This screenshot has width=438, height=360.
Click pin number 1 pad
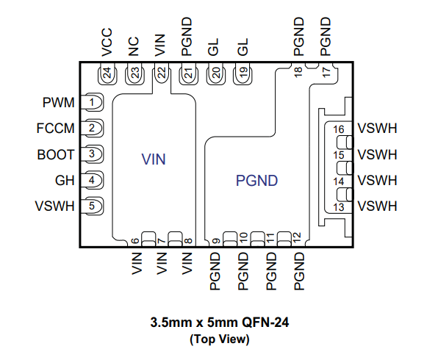tap(92, 103)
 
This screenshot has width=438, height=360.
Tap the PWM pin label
tap(58, 103)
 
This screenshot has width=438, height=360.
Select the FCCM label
tap(55, 129)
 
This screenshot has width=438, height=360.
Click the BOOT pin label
tap(56, 154)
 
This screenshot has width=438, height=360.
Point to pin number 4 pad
tap(92, 180)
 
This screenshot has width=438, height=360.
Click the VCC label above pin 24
tap(107, 42)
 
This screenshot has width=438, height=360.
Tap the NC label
tap(133, 46)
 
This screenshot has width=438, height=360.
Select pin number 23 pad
tap(135, 73)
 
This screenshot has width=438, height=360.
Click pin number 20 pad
tap(216, 73)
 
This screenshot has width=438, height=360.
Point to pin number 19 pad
tap(243, 73)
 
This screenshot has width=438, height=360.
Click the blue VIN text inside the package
tap(154, 159)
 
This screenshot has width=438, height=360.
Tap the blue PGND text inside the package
tap(256, 181)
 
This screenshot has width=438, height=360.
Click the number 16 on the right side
tap(339, 129)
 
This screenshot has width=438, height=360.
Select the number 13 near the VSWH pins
tap(339, 207)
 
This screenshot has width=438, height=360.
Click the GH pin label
tap(65, 181)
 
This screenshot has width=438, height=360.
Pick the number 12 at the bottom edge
tap(297, 237)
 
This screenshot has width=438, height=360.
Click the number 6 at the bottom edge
tap(135, 241)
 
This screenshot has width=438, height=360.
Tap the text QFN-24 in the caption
tap(265, 323)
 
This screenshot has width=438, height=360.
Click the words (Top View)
tap(219, 339)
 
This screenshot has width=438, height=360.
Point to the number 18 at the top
tap(298, 72)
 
